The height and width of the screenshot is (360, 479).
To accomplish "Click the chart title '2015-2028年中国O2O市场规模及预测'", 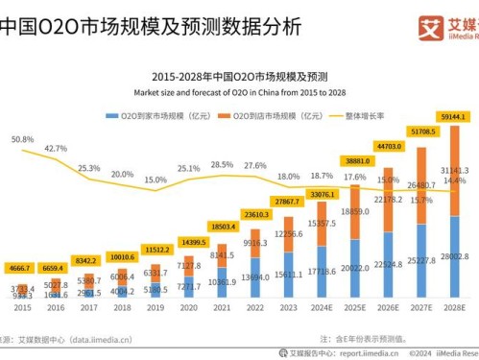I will (239, 75).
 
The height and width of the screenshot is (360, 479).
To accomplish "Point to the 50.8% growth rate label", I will (24, 139).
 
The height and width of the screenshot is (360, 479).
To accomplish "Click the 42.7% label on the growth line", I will (56, 149).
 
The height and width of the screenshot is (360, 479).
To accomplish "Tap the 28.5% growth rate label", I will (222, 164).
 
